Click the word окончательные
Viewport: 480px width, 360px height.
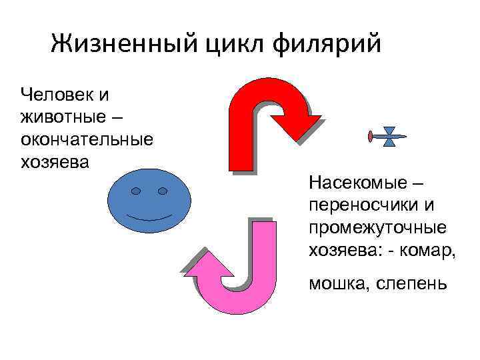[x=87, y=139]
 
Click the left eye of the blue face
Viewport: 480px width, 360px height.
[x=136, y=191]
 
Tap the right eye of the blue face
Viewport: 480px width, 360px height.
[x=162, y=191]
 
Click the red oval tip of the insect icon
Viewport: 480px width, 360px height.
[x=369, y=137]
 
